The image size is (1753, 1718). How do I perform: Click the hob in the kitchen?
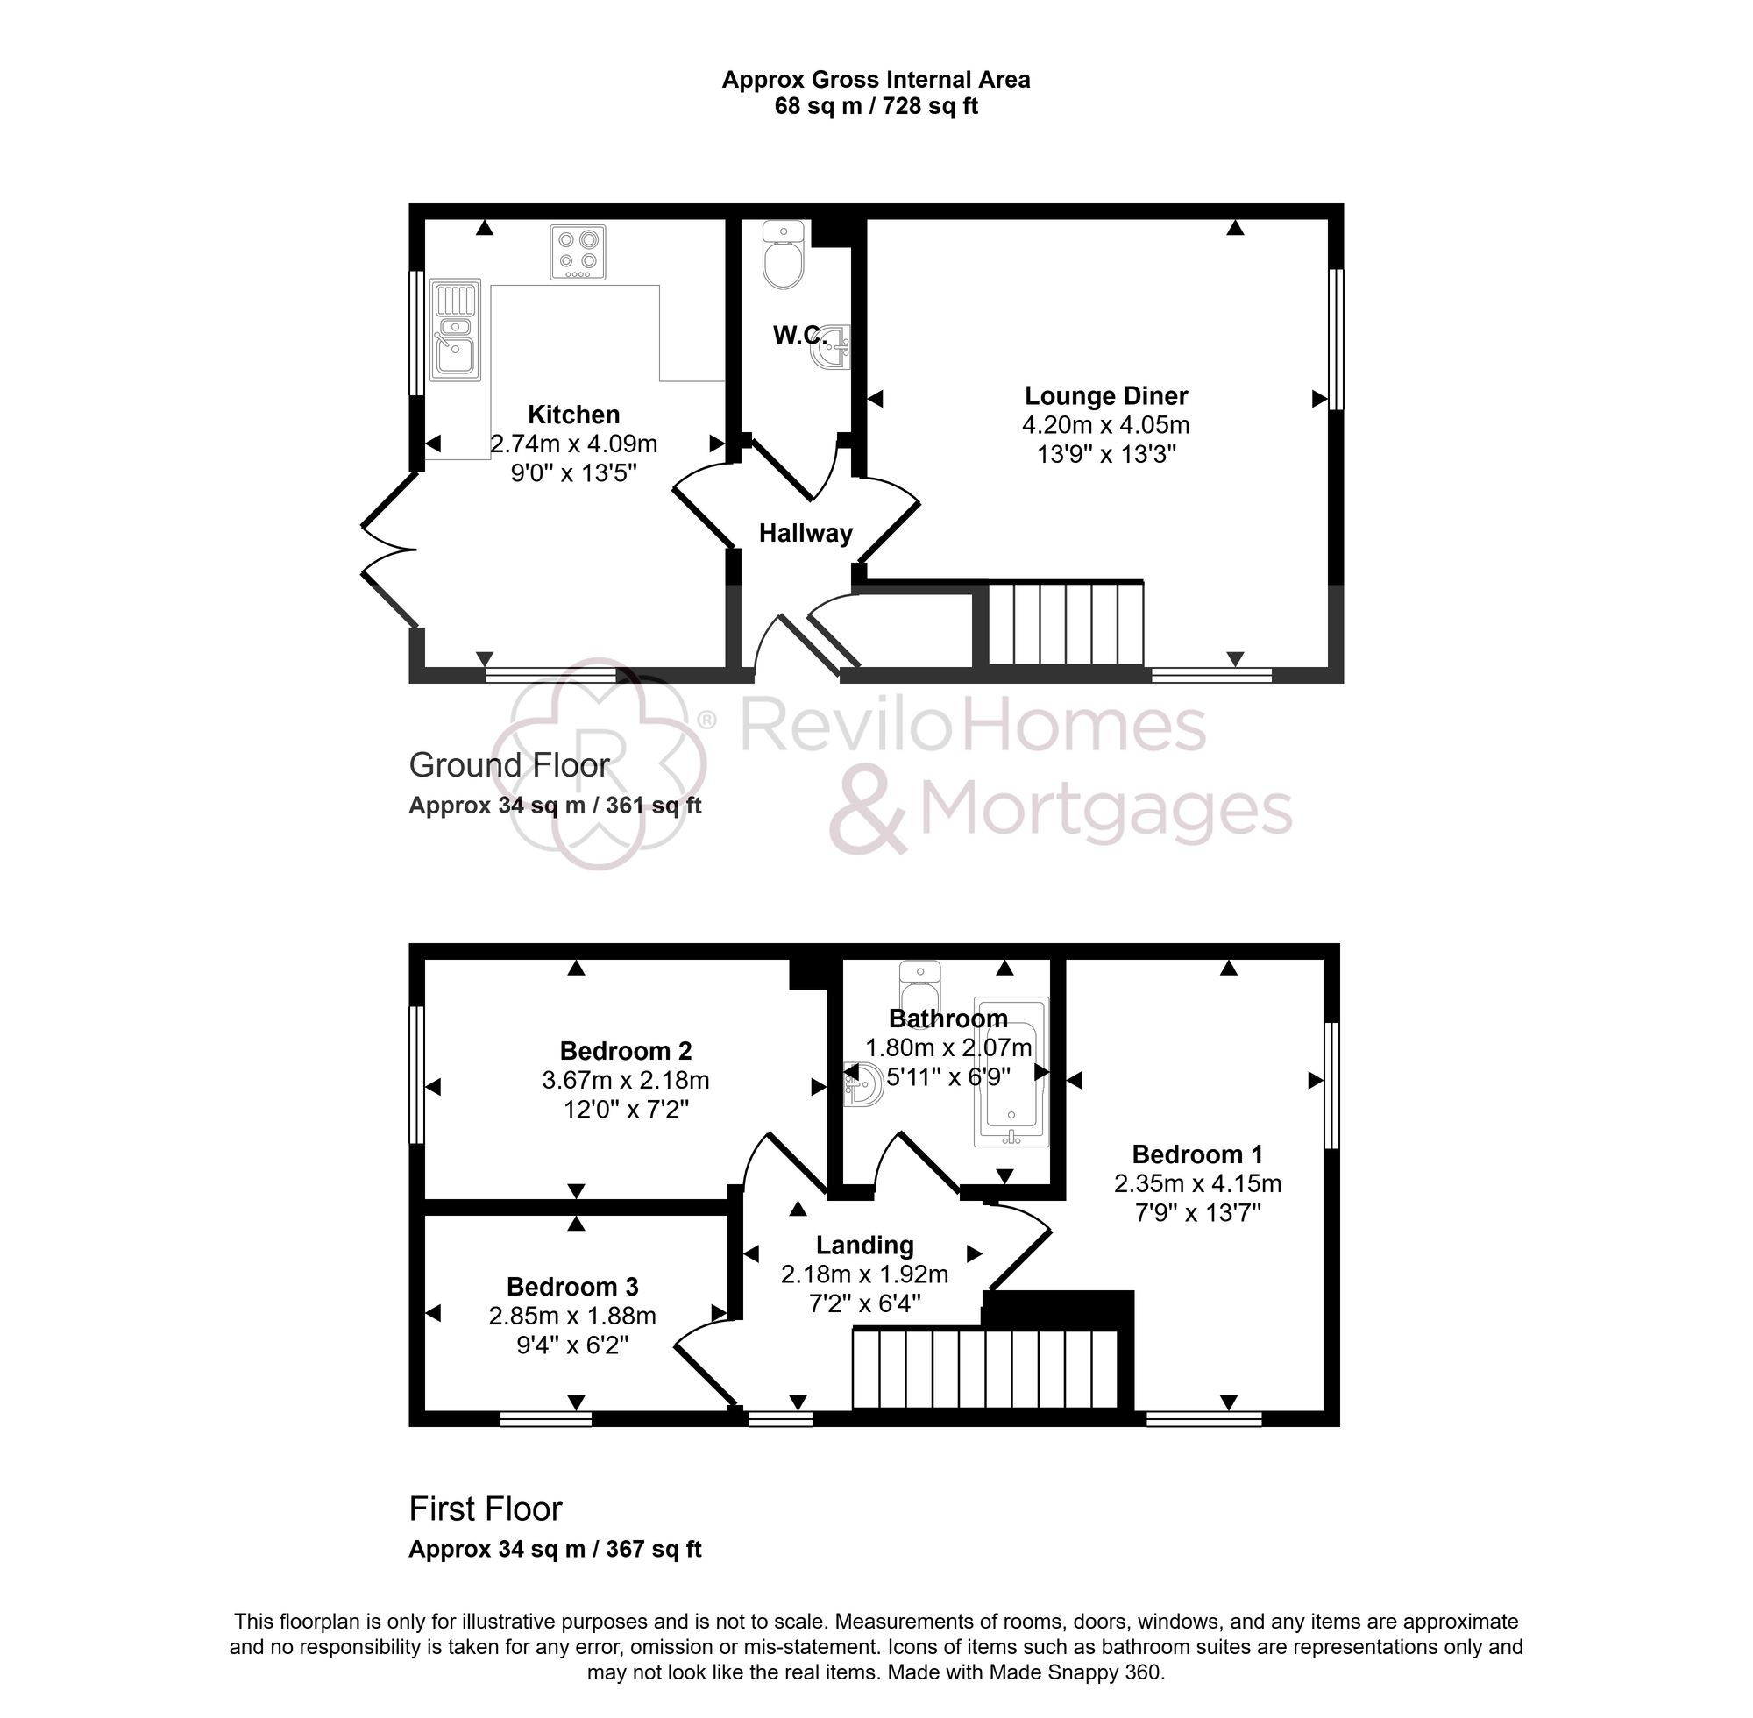coord(578,252)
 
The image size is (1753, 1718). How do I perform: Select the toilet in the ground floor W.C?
coord(782,256)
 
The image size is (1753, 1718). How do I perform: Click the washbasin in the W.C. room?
coord(832,349)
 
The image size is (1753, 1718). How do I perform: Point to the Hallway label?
coord(805,533)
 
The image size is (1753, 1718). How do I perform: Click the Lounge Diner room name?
coord(1105,396)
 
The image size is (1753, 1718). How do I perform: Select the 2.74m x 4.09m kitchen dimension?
coord(573,444)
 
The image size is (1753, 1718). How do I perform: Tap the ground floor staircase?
coord(1066,623)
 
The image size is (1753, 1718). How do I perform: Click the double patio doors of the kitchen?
coord(390,549)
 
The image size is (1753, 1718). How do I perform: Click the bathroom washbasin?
coord(862,1083)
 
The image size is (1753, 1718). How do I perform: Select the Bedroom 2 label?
coord(625,1050)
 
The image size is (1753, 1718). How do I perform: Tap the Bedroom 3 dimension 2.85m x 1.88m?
coord(572,1316)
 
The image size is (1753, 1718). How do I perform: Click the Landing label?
coord(864,1246)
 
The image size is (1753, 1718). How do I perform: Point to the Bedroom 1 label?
coord(1196,1154)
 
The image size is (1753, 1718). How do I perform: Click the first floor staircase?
coord(985,1369)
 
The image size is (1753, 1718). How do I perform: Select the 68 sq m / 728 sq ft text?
coord(875,106)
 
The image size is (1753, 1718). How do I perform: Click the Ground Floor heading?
coord(509,765)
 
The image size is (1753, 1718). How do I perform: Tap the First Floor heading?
coord(485,1509)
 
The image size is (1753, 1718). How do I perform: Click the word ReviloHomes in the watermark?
coord(973,728)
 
